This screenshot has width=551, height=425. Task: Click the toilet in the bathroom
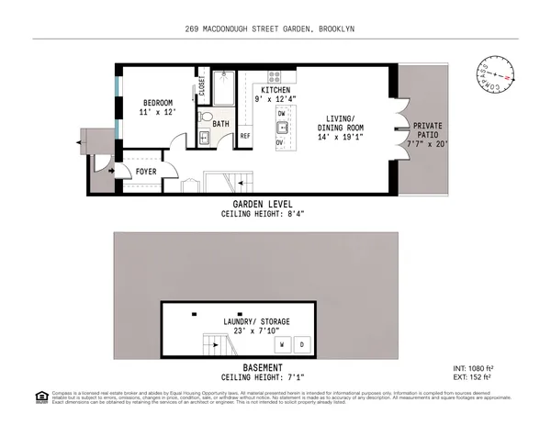(208, 138)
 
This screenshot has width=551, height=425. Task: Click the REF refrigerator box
(245, 136)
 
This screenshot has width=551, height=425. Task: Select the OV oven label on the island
(280, 143)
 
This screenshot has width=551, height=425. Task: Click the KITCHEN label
(276, 90)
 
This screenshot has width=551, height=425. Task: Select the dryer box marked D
(304, 344)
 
